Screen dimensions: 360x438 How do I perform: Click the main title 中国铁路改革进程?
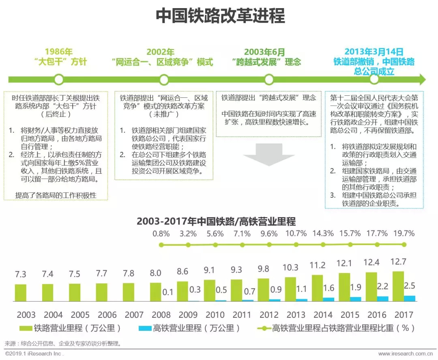[220, 16]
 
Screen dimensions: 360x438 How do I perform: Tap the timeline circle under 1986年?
[59, 79]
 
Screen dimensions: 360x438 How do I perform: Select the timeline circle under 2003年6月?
[268, 79]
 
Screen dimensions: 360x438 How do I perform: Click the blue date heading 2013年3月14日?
[374, 52]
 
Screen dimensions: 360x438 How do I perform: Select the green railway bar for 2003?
[21, 293]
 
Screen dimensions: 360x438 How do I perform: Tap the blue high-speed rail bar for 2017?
[410, 298]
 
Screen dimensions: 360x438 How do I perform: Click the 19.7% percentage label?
[404, 233]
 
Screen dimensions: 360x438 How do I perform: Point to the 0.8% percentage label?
[161, 233]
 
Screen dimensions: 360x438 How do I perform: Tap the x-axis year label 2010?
[215, 315]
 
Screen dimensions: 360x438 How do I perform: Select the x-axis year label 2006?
[107, 315]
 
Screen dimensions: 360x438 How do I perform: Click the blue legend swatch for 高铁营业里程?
[144, 328]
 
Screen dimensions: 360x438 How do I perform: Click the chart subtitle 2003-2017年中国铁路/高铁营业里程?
[216, 221]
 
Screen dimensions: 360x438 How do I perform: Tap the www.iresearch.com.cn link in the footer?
[407, 354]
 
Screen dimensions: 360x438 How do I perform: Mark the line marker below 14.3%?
[323, 245]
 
